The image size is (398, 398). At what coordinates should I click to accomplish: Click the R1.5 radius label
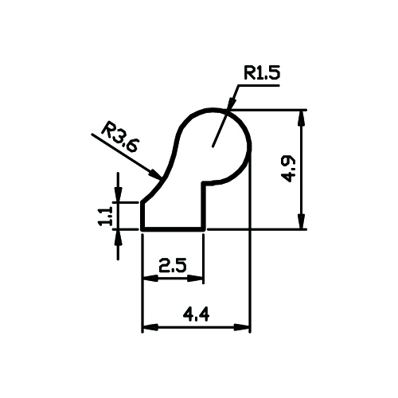coord(262,73)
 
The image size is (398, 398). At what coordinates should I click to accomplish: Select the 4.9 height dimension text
coord(288,169)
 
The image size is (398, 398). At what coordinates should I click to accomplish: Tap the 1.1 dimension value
coord(106,217)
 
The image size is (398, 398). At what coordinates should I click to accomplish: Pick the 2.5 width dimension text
coord(173,266)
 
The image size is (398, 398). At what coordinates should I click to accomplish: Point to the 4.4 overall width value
coord(196,315)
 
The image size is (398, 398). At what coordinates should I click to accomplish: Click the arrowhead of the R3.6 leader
coord(154,174)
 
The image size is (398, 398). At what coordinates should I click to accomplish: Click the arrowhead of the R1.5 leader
coord(232,103)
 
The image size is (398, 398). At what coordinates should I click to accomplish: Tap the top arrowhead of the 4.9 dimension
coord(301,117)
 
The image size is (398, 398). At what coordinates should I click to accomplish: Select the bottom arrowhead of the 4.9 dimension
coord(301,221)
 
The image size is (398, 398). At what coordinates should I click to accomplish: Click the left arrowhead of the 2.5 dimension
coord(150,279)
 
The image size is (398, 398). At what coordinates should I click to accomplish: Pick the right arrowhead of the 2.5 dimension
coord(195,279)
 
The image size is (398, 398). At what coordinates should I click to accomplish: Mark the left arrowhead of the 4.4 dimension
coord(150,327)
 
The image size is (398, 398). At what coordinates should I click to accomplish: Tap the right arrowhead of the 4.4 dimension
coord(242,327)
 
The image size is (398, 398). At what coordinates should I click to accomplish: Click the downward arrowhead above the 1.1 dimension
coord(118,194)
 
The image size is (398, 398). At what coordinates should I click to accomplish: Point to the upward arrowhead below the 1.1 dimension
coord(118,237)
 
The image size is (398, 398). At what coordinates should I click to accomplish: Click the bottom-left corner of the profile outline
coord(142,229)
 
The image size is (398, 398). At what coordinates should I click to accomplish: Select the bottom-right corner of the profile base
coord(204,229)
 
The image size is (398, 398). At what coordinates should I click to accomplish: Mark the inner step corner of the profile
coord(204,183)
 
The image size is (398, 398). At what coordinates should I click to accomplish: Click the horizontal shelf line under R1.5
coord(210,183)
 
